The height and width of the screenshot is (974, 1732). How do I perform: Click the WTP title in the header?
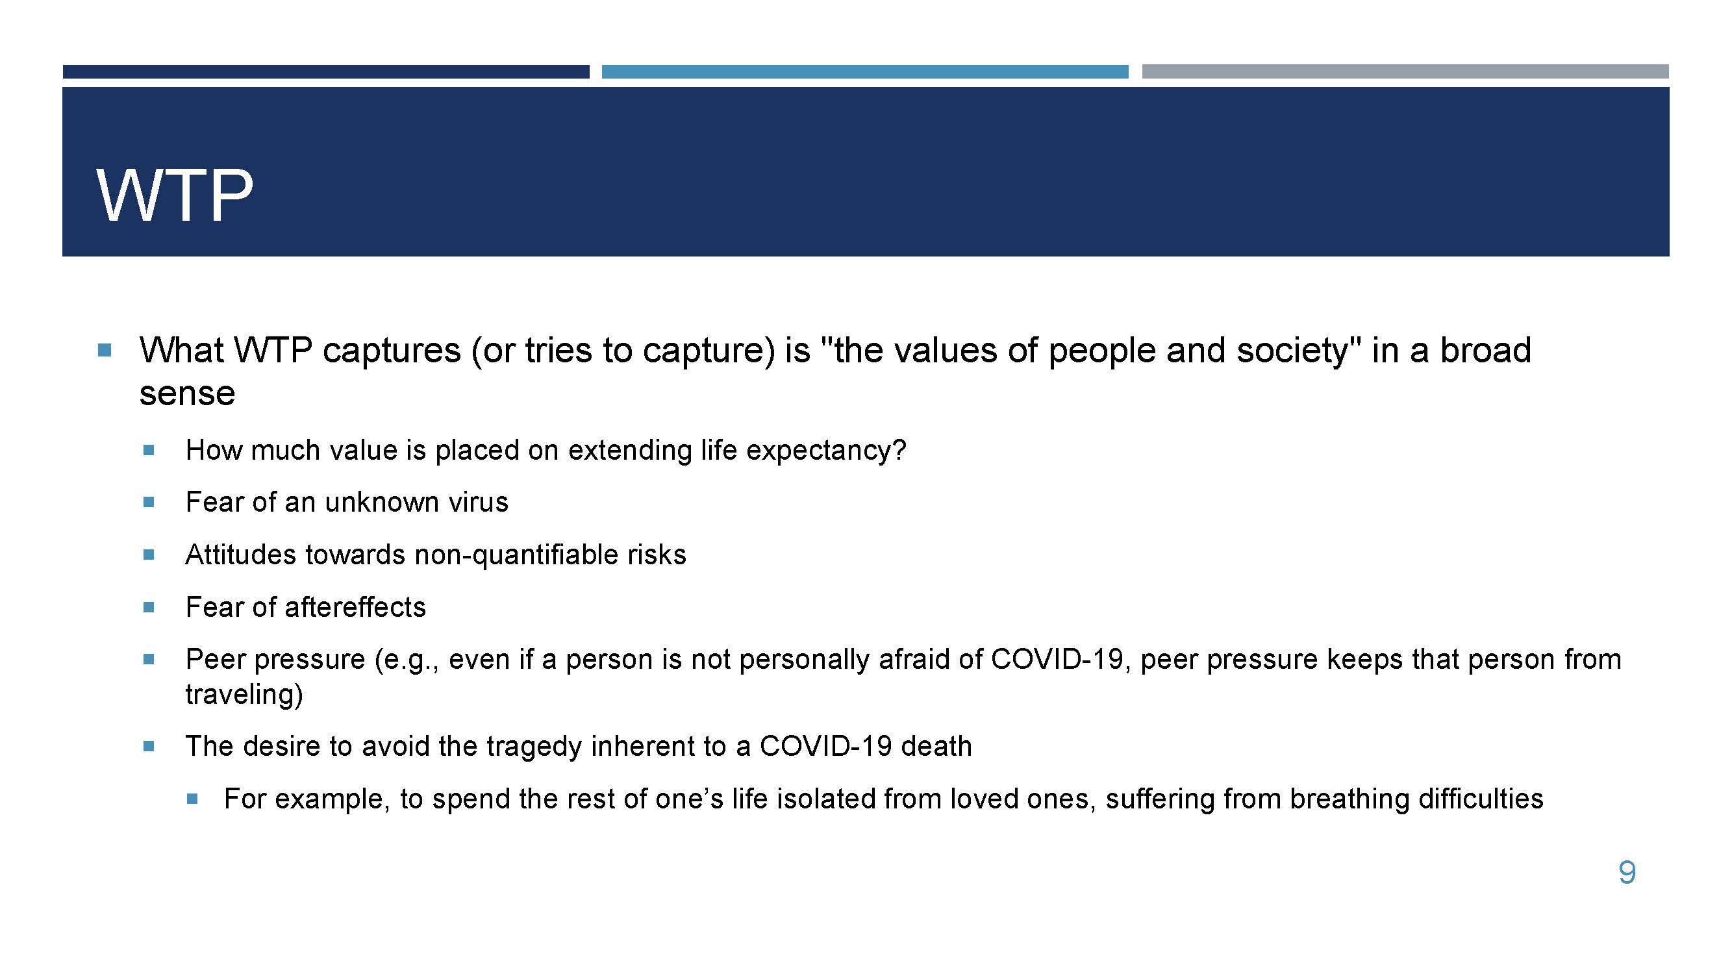pos(175,195)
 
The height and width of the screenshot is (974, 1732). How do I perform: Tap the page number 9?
pos(1626,873)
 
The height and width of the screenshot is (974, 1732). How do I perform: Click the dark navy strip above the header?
pos(326,71)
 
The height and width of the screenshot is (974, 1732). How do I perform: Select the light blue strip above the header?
pos(864,71)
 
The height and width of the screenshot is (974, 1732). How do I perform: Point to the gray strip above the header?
pos(1405,71)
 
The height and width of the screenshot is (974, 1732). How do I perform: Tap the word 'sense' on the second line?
pos(188,394)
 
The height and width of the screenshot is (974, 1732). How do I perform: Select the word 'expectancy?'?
pos(826,451)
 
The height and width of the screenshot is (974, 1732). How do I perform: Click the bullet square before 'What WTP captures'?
pos(104,349)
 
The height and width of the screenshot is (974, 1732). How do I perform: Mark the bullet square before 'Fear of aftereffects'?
pos(149,607)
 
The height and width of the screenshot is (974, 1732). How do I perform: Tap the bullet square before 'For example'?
pos(192,799)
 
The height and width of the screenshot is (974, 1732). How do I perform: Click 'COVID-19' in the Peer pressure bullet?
pos(1057,660)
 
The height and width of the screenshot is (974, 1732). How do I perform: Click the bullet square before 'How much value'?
pos(149,450)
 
